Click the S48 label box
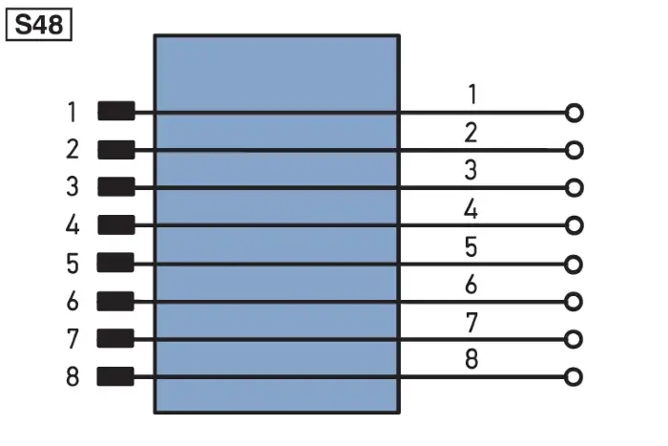(39, 25)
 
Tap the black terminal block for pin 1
(116, 111)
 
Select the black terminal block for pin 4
(116, 224)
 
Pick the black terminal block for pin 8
(115, 376)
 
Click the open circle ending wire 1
(574, 113)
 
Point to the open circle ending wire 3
(574, 187)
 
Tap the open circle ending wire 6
(574, 302)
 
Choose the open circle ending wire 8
(574, 377)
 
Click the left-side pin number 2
(73, 149)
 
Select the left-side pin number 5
(73, 263)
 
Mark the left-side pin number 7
(73, 339)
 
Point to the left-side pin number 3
(73, 187)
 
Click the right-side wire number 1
(472, 95)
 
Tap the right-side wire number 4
(470, 209)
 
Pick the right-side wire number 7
(471, 323)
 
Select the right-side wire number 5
(470, 247)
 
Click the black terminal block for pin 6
(115, 301)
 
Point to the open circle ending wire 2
(574, 150)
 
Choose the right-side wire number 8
(471, 359)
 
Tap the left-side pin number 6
(73, 301)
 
